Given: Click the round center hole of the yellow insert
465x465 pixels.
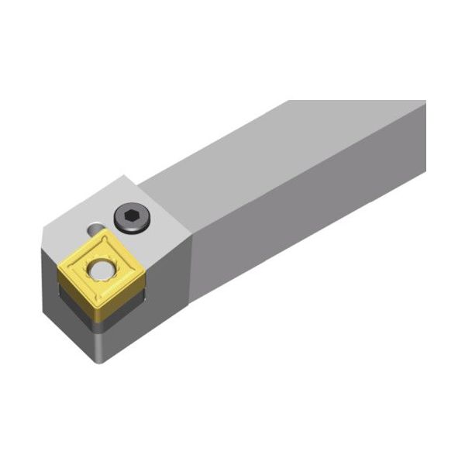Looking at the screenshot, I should pos(98,269).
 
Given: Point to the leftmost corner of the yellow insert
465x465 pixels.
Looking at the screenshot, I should pos(60,266).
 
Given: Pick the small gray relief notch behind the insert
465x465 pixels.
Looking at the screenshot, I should pos(94,229).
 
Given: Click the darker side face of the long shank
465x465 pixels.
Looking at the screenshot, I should pos(310,225).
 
